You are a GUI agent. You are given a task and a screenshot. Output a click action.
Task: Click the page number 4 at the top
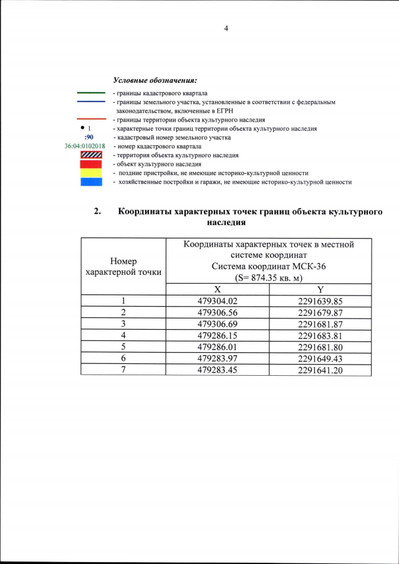(x=227, y=28)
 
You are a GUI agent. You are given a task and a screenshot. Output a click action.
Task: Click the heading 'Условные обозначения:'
(x=155, y=80)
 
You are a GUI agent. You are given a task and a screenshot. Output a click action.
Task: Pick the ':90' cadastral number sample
(x=89, y=137)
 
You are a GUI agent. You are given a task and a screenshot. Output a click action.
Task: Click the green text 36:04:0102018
(x=85, y=146)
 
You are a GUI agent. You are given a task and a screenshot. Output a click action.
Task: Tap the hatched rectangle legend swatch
(x=90, y=155)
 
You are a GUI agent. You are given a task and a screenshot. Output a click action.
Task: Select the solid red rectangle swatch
(x=90, y=163)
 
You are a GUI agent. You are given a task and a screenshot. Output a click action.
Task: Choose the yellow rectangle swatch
(x=90, y=173)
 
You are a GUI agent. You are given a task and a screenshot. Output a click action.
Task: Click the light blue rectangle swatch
(x=90, y=181)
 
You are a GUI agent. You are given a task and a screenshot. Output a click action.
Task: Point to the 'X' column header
(x=217, y=290)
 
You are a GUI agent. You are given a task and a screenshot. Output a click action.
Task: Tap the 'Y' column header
(x=320, y=290)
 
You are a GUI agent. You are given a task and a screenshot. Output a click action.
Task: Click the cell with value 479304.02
(x=218, y=301)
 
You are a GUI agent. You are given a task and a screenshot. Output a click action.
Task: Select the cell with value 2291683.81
(x=320, y=335)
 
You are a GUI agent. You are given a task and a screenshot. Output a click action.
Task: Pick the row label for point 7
(x=123, y=369)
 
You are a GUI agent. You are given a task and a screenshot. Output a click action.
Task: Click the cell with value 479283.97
(x=218, y=358)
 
